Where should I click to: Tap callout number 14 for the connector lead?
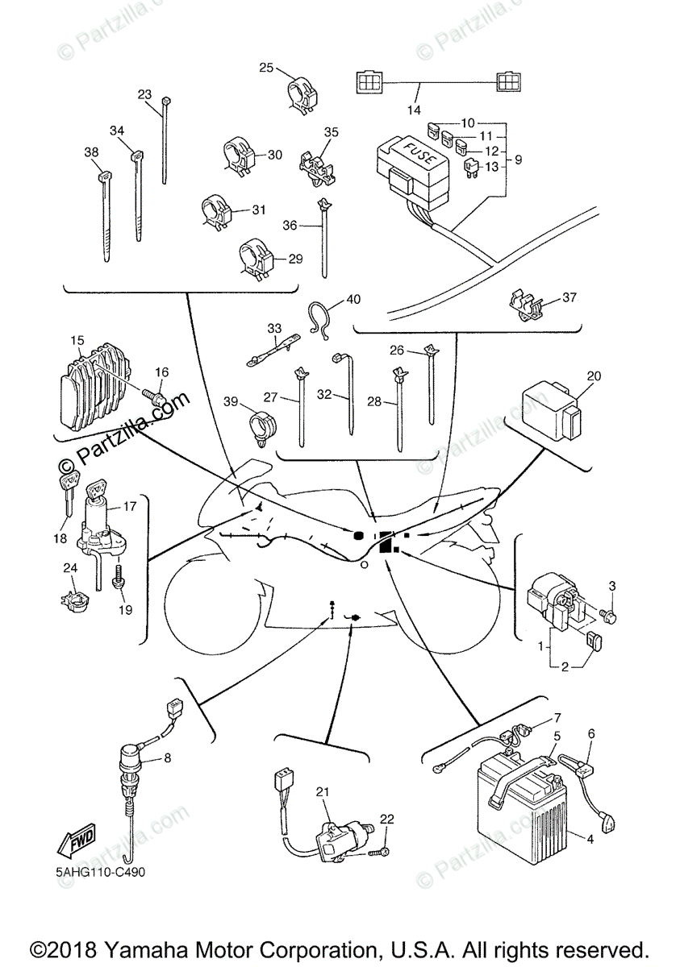414,110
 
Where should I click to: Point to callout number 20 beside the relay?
594,376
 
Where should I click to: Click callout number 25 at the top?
267,68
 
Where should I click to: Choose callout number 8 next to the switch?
168,757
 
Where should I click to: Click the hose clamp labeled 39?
261,425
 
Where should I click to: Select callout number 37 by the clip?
570,297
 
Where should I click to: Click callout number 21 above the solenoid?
323,793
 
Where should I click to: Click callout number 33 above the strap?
275,328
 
